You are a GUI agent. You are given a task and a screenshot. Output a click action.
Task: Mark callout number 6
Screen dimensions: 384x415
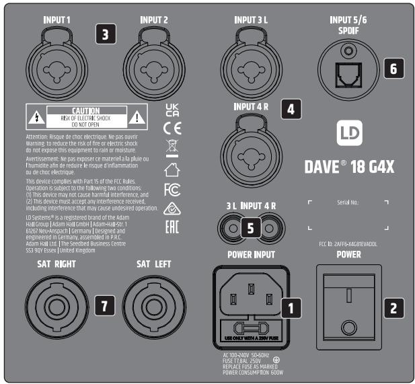point(393,67)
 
